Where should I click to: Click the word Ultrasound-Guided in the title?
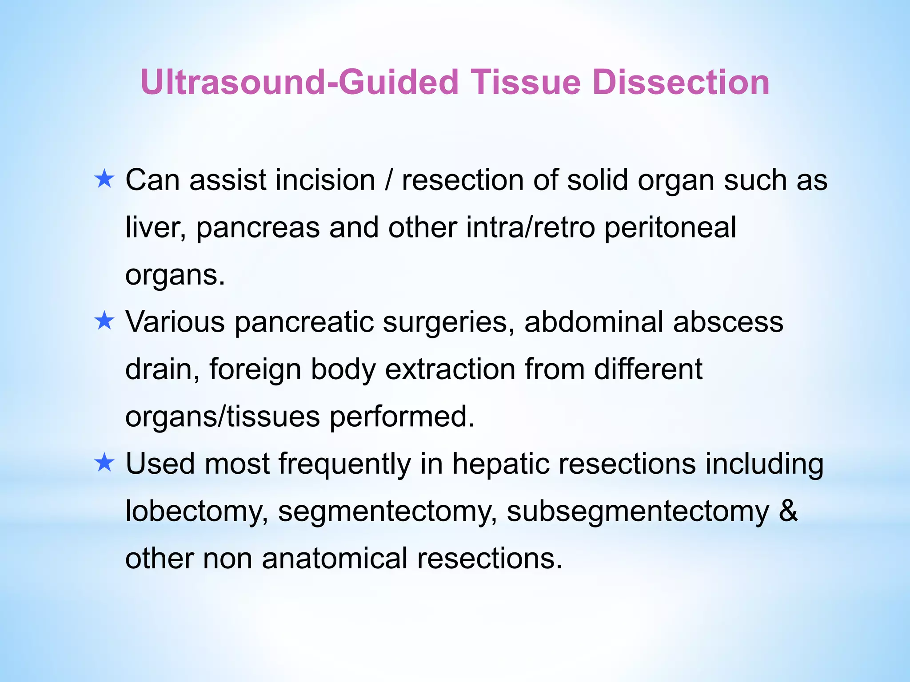299,83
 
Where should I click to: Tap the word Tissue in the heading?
526,83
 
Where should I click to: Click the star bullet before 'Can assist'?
104,179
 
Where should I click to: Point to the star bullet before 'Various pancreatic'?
104,321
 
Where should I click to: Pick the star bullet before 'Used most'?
104,463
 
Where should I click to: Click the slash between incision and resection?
389,180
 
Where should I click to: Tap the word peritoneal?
670,227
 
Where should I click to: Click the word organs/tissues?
222,416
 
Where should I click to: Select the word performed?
402,416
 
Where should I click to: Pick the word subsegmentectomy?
638,511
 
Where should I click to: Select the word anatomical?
335,558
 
